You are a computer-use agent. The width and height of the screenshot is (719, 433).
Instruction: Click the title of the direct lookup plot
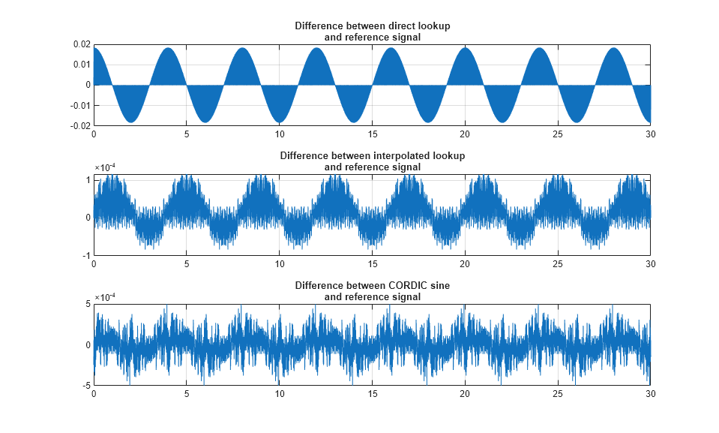tap(372, 32)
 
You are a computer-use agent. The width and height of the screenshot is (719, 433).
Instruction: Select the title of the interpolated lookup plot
tap(372, 161)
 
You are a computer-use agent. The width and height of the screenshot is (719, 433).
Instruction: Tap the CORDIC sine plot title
tap(372, 291)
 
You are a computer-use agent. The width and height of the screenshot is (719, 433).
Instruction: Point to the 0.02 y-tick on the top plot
tap(82, 44)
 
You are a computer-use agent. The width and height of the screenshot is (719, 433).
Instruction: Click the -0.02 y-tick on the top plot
tap(81, 125)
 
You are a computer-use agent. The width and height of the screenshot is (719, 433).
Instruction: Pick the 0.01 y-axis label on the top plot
tap(82, 65)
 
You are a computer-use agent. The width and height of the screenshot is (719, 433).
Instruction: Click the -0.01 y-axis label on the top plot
tap(81, 105)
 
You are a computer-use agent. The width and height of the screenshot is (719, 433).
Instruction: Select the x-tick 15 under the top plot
tap(372, 134)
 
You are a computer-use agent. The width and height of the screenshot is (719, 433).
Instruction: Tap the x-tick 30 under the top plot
tap(650, 134)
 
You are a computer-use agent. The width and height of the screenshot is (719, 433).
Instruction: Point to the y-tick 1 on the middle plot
tap(88, 180)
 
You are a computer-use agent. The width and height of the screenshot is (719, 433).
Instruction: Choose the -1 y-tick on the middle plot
tap(86, 255)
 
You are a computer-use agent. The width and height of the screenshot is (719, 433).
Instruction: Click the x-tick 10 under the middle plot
tap(279, 264)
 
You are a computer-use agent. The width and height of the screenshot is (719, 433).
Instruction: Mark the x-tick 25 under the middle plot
tap(557, 264)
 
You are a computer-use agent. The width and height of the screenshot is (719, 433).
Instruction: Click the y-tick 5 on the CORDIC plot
tap(88, 304)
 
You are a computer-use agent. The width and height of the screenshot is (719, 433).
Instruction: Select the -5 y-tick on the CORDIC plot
tap(86, 385)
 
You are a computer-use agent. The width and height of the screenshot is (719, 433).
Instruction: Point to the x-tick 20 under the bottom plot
tap(464, 394)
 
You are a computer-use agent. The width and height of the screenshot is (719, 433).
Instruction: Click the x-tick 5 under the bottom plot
tap(186, 394)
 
